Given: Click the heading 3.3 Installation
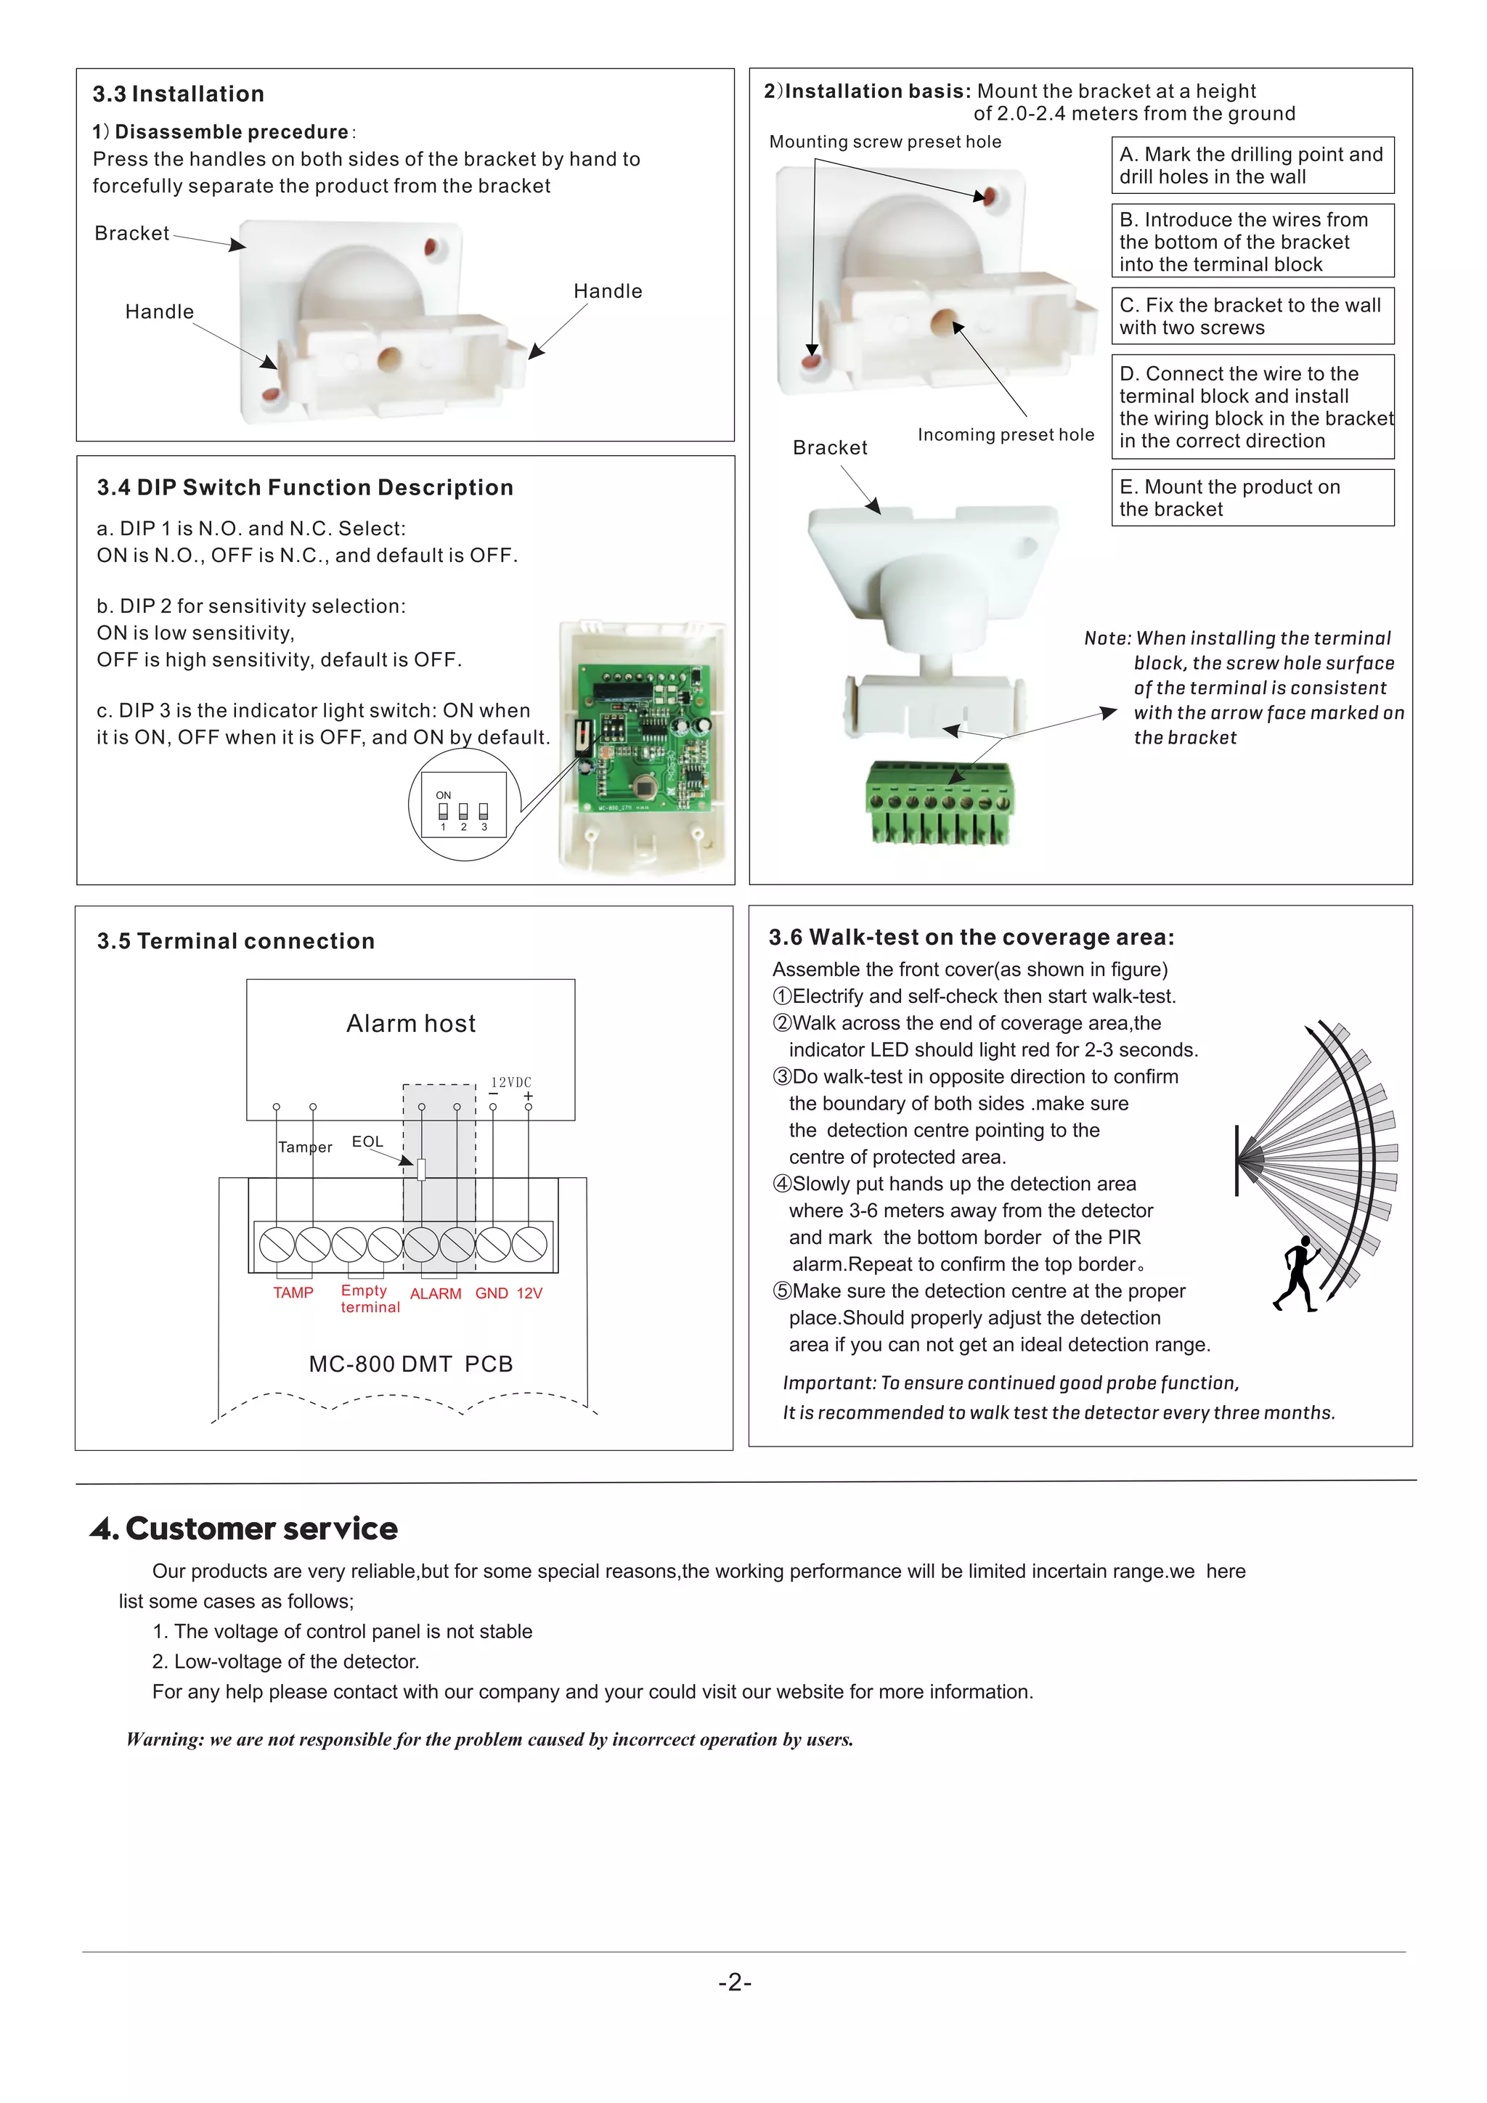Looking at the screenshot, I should point(179,94).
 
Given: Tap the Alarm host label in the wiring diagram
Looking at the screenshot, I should point(411,1023).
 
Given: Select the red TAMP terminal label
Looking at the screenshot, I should point(293,1293).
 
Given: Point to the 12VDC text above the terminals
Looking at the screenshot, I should point(511,1082).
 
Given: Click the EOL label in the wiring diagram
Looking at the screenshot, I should point(367,1142).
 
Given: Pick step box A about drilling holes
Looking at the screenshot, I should point(1252,166).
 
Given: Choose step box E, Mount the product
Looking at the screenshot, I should point(1252,498).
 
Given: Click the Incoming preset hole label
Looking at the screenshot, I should point(1006,435).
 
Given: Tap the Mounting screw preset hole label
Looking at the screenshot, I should point(884,142).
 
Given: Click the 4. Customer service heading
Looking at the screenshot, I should point(245,1529).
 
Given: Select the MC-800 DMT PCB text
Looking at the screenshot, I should point(410,1364).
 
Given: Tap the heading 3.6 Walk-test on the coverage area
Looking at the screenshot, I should point(971,937).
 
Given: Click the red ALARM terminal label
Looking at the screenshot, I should point(435,1293).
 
